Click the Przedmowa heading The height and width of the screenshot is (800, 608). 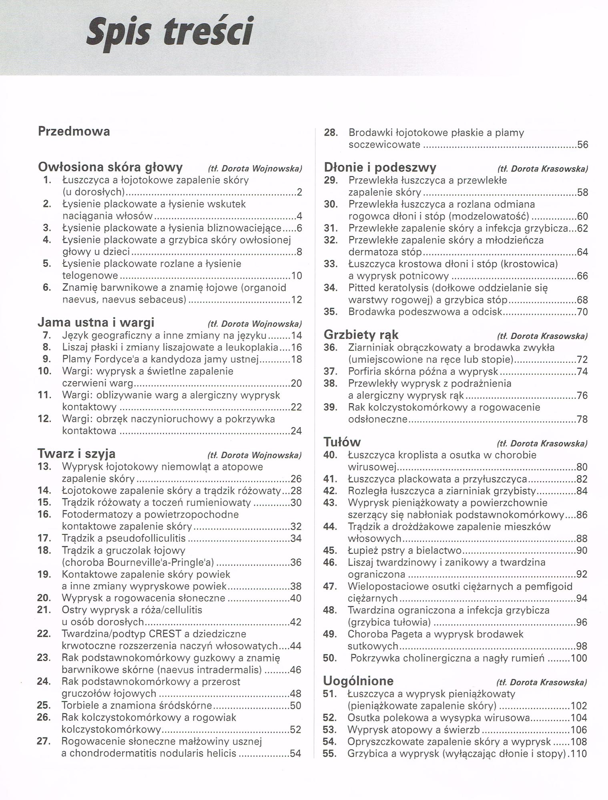click(x=74, y=131)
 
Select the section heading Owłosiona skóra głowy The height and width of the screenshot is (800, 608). click(x=110, y=166)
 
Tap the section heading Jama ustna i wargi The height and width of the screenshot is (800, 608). click(x=96, y=322)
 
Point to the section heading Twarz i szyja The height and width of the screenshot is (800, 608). click(x=76, y=453)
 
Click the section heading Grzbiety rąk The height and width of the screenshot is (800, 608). click(x=361, y=334)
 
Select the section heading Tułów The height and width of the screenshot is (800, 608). click(x=342, y=442)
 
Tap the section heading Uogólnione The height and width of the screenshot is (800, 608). click(x=358, y=680)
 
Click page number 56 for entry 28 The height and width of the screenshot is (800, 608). click(x=582, y=145)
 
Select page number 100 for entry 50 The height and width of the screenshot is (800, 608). click(x=579, y=658)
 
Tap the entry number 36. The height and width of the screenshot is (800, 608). click(x=331, y=347)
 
